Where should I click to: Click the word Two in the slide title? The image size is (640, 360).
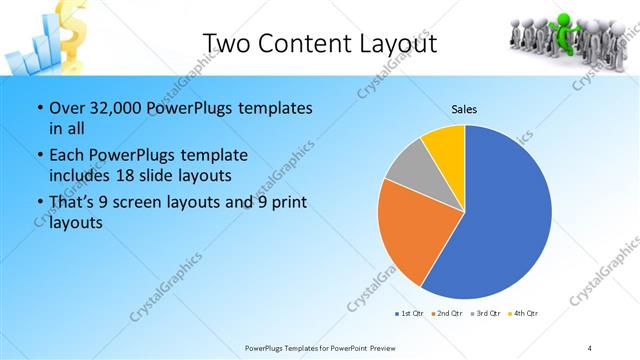click(228, 44)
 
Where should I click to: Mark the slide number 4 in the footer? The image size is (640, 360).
click(590, 348)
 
